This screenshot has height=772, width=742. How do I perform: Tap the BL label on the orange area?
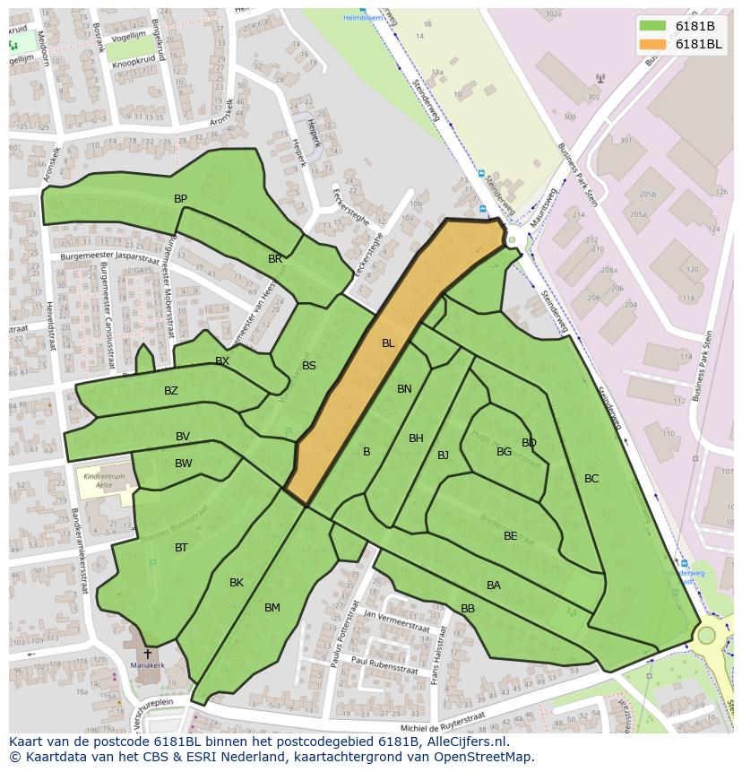click(388, 343)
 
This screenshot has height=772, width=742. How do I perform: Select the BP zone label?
click(180, 199)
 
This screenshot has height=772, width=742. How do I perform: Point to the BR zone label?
click(275, 259)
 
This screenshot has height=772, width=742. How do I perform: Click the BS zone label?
click(309, 366)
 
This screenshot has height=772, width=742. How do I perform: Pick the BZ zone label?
click(171, 391)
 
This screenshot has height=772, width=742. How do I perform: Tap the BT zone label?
click(181, 548)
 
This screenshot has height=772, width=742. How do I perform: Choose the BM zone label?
click(272, 608)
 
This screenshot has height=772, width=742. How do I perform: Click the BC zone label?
click(591, 479)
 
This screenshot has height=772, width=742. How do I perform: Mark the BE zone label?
click(510, 536)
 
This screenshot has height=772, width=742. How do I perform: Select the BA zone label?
click(494, 586)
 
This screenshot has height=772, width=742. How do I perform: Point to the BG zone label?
click(504, 452)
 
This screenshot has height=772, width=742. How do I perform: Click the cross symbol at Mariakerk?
click(148, 655)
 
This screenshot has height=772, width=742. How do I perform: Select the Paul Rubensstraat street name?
click(385, 665)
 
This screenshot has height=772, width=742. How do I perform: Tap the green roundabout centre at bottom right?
click(706, 636)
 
